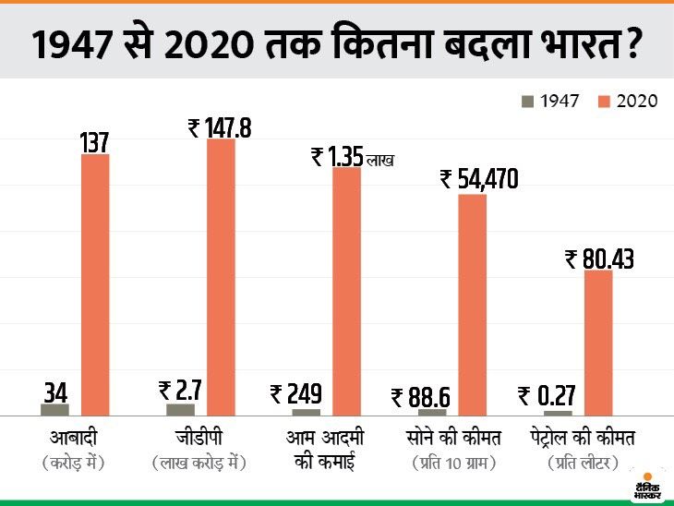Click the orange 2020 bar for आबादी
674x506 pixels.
click(95, 284)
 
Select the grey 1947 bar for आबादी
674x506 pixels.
click(54, 409)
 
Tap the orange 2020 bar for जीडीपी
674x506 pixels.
click(221, 277)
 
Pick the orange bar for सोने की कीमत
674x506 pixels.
click(472, 305)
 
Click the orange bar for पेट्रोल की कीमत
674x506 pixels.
click(597, 343)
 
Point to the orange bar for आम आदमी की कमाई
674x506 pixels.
click(346, 291)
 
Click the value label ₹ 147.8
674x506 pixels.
click(220, 127)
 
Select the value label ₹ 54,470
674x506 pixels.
click(479, 179)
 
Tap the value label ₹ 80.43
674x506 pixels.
click(599, 259)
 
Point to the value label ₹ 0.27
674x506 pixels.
click(548, 396)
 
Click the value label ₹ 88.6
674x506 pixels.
click(421, 397)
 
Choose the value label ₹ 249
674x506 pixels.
click(296, 395)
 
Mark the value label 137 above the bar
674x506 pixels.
click(94, 142)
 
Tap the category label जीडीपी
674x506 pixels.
click(199, 435)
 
